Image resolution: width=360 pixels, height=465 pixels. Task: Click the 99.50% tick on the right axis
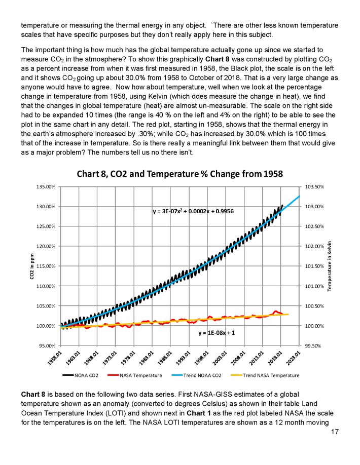click(x=315, y=345)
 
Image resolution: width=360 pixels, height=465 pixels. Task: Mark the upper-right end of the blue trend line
click(x=301, y=196)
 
